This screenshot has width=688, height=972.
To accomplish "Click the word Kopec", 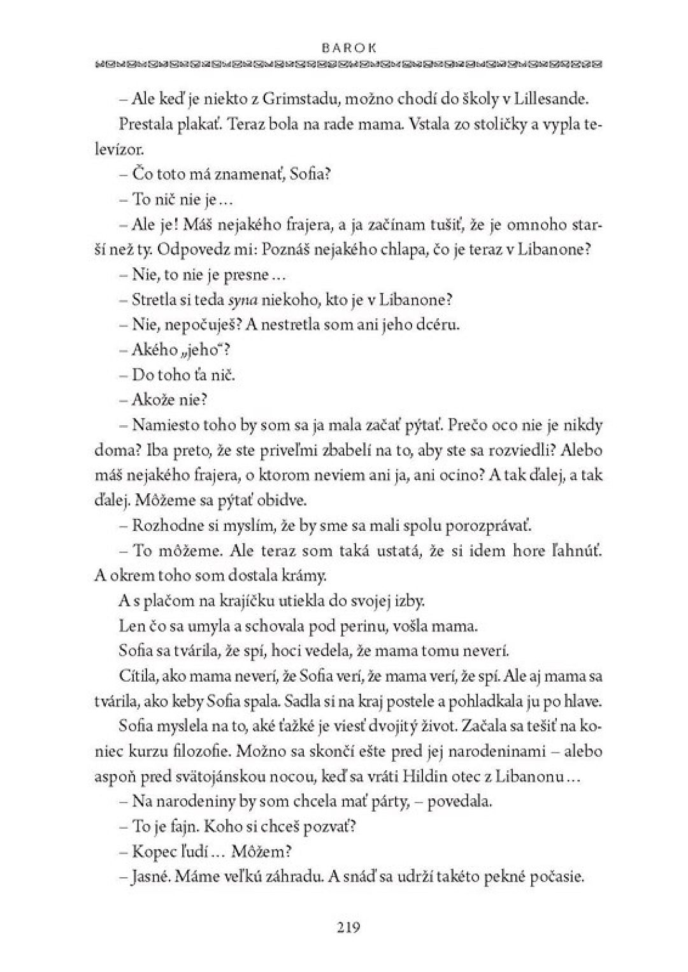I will [153, 851].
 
